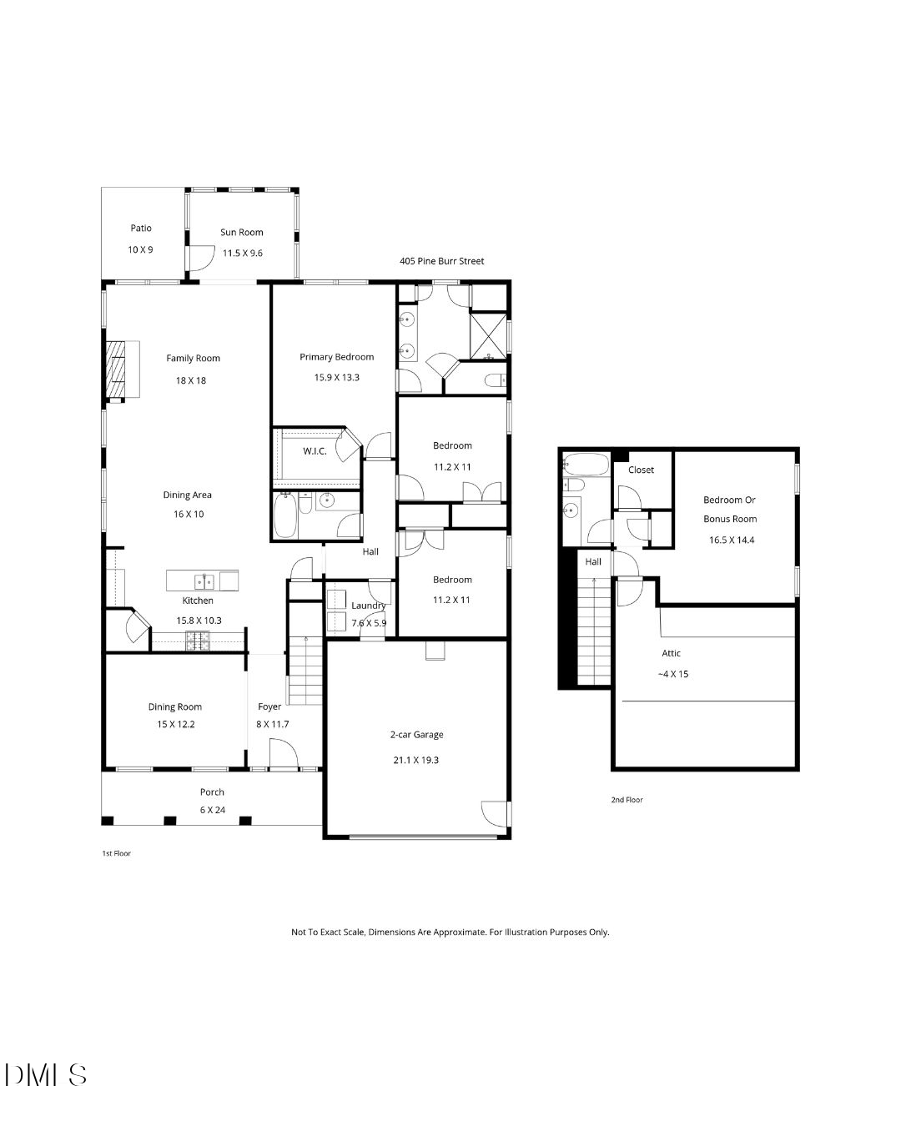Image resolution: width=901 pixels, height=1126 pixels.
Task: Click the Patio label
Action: pos(141,228)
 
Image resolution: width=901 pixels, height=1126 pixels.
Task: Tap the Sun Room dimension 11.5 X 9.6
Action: pos(242,253)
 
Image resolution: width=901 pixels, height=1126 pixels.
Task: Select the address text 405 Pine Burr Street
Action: pos(441,261)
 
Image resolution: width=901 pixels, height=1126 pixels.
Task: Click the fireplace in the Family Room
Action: pos(117,369)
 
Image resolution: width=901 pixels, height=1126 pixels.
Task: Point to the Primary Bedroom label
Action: pos(336,357)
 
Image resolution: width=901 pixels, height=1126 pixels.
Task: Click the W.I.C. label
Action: pos(315,451)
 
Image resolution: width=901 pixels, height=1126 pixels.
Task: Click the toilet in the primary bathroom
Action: pos(494,380)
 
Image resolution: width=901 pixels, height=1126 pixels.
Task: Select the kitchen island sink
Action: pos(205,581)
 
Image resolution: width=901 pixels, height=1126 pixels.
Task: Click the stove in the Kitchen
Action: pos(198,641)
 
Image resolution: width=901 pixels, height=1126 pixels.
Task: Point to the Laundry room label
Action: pos(368,606)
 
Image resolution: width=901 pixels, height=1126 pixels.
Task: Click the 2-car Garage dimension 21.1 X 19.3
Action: pos(416,761)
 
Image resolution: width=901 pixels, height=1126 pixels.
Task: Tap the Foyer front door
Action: pos(284,755)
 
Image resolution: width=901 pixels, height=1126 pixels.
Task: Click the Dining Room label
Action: pos(175,706)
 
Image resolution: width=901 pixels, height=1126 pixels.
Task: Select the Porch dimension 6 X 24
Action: pos(212,810)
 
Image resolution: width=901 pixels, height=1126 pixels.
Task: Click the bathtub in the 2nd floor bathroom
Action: pos(576,463)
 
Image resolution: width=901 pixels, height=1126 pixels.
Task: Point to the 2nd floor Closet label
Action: pos(641,470)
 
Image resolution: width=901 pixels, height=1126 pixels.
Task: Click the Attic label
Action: pos(672,653)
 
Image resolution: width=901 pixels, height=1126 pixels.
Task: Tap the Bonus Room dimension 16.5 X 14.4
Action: pos(731,540)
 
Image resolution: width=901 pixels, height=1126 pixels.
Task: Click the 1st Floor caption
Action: pos(116,853)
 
